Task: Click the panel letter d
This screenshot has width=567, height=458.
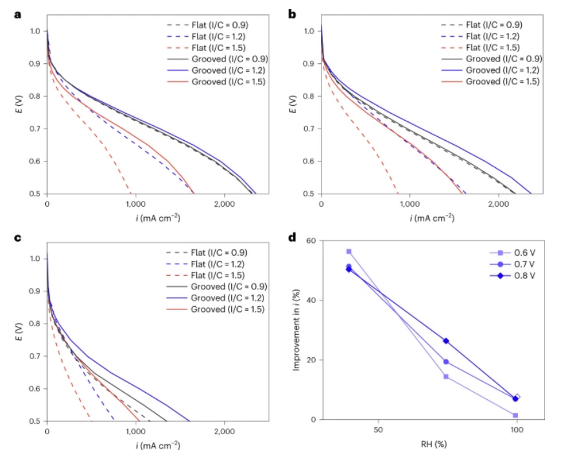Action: (x=292, y=237)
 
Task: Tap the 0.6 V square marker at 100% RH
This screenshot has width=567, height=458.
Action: (x=515, y=415)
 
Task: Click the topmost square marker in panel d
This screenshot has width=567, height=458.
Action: (x=349, y=251)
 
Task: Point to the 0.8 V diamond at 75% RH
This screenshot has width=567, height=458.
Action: (x=446, y=341)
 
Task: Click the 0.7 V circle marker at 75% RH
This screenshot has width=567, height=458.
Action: (x=446, y=362)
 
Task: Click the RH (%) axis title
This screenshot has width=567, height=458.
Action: (x=432, y=444)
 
